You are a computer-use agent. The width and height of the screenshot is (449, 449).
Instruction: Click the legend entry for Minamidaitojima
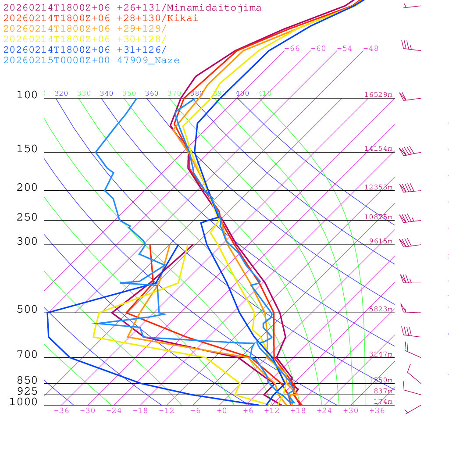132,8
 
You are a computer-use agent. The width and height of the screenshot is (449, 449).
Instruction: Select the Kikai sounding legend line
101,18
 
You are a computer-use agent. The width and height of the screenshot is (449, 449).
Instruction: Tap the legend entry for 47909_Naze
92,61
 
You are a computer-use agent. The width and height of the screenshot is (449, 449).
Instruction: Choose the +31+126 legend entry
85,50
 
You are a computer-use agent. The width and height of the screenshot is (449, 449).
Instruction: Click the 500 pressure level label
27,310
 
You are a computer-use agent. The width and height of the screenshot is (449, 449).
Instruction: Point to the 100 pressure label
27,95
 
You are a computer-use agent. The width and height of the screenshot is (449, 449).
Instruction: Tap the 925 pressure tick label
27,391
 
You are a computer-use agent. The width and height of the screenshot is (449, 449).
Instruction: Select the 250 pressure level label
27,217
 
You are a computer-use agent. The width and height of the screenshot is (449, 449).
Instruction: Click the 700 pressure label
27,355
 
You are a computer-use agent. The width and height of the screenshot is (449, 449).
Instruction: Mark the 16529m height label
378,95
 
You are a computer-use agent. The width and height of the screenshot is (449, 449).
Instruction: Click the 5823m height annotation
380,309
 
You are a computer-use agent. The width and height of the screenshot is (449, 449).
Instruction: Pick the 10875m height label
378,217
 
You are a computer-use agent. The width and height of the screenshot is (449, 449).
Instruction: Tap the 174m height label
383,402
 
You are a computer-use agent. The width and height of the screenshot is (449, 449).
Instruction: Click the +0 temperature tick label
222,411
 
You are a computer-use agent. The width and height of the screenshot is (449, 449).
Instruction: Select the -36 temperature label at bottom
61,411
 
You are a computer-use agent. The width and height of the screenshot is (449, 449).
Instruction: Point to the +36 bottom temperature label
377,411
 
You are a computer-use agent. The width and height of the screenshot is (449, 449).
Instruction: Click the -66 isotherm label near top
292,49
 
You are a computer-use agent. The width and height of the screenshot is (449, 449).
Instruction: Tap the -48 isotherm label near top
371,49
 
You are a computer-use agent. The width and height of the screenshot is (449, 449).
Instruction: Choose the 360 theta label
152,93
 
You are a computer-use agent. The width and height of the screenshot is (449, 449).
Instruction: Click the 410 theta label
265,93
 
